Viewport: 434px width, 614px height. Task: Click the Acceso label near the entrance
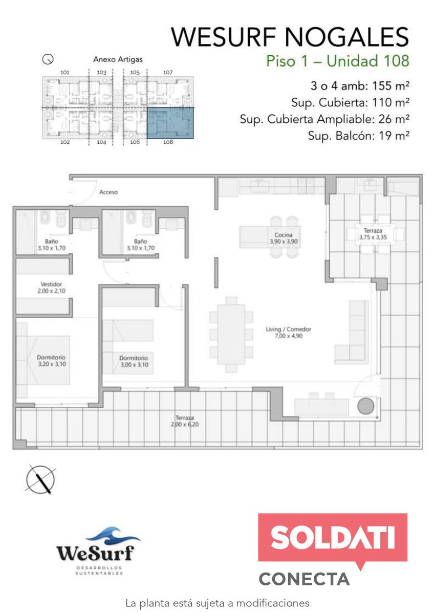tap(108, 192)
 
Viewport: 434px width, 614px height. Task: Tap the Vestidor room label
tap(51, 284)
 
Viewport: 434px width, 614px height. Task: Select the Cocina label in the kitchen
tap(284, 235)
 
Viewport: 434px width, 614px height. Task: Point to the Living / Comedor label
tap(289, 329)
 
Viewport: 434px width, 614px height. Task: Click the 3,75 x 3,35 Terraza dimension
tap(373, 237)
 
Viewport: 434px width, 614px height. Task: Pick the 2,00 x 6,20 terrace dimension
tap(185, 424)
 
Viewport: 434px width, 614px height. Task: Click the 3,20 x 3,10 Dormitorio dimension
tap(52, 364)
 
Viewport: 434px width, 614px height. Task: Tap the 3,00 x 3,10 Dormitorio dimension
tap(134, 365)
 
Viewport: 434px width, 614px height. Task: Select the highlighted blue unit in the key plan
tap(170, 123)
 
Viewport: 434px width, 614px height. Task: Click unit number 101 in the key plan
tap(64, 72)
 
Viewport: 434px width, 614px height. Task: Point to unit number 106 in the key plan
tap(135, 142)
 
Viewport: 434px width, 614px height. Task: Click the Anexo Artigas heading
tap(118, 59)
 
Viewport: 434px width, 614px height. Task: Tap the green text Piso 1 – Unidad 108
tap(338, 61)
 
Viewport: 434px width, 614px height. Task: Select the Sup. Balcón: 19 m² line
tap(359, 136)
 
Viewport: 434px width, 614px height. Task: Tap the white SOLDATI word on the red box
tap(333, 537)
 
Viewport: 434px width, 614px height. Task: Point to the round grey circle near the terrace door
tap(366, 406)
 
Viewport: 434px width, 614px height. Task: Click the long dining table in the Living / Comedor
tap(231, 335)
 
